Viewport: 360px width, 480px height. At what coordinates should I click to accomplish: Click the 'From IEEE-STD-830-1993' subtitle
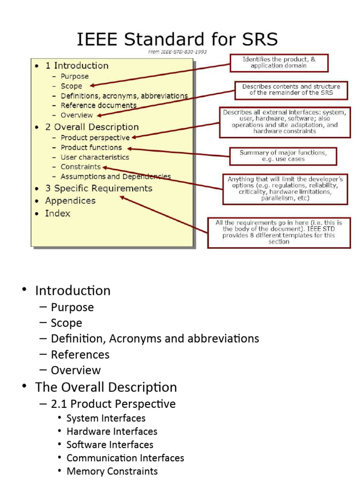pyautogui.click(x=178, y=52)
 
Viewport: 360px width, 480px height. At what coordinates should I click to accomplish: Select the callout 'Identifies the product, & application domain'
pyautogui.click(x=278, y=62)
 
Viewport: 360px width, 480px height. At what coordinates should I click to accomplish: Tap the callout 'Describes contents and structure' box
pyautogui.click(x=291, y=90)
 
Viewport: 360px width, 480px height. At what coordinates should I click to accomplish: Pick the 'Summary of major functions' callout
pyautogui.click(x=283, y=156)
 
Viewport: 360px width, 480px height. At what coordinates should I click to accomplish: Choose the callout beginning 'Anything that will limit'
pyautogui.click(x=285, y=188)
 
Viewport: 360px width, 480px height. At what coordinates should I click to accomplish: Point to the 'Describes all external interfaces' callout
pyautogui.click(x=285, y=122)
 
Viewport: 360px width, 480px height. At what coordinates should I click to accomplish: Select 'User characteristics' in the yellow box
pyautogui.click(x=95, y=157)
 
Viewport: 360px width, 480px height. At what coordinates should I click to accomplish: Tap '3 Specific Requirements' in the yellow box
pyautogui.click(x=98, y=188)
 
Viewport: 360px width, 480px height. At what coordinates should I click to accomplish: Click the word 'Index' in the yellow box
pyautogui.click(x=58, y=213)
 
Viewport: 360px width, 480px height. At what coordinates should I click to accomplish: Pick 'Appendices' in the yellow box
pyautogui.click(x=70, y=201)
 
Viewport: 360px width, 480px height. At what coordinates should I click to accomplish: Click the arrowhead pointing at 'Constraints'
pyautogui.click(x=105, y=167)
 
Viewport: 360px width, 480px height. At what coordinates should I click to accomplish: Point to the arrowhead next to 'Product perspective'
pyautogui.click(x=134, y=137)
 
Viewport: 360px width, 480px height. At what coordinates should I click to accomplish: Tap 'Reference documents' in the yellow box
pyautogui.click(x=98, y=105)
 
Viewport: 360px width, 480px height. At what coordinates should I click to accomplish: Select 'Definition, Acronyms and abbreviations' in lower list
pyautogui.click(x=155, y=338)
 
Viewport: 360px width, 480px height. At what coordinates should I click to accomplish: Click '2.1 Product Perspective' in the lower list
pyautogui.click(x=113, y=404)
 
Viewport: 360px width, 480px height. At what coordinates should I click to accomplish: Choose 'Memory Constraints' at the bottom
pyautogui.click(x=112, y=471)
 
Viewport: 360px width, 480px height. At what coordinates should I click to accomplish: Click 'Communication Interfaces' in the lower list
pyautogui.click(x=125, y=458)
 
